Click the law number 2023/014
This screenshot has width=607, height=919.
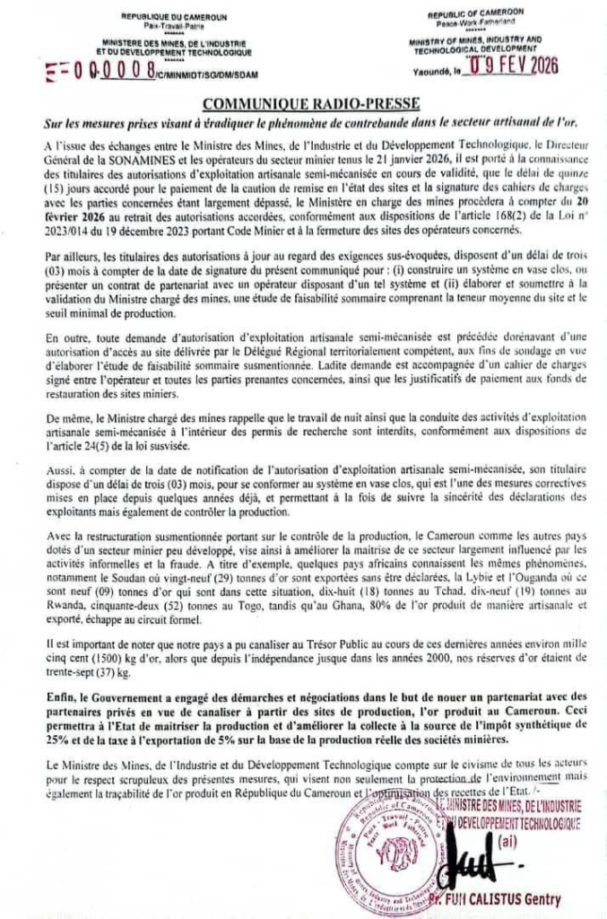(63, 231)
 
